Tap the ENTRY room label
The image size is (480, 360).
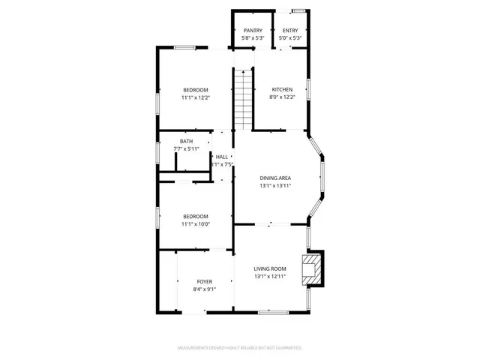coord(289,30)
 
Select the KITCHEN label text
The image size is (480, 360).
coord(282,90)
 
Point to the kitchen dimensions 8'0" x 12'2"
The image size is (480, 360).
coord(282,97)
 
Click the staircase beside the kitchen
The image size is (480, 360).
coord(243,98)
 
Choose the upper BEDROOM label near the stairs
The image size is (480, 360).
coord(195,90)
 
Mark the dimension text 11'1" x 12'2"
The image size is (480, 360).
coord(195,97)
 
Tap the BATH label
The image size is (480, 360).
coord(186,141)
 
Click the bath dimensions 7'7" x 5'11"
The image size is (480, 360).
coord(186,148)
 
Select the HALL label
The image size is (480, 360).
coord(221,157)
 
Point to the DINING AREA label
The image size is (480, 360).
coord(275,178)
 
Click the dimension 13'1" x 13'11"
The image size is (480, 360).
coord(275,185)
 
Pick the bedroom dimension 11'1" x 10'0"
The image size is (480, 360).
coord(195,223)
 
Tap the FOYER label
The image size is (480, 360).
coord(205,282)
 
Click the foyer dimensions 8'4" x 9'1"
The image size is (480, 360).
coord(205,289)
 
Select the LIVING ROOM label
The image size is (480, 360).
coord(270,268)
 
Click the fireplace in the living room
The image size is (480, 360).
coord(310,268)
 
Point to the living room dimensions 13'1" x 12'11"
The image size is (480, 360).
coord(270,276)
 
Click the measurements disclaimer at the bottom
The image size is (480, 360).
coord(239,348)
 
